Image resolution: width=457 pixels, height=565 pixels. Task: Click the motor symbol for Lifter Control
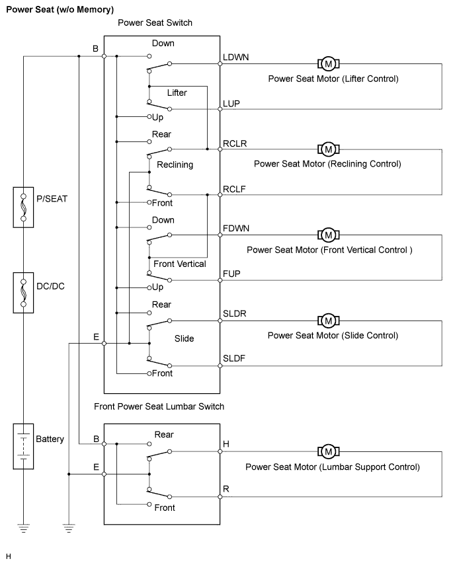pyautogui.click(x=328, y=64)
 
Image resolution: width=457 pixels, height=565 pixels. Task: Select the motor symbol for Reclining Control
pyautogui.click(x=328, y=149)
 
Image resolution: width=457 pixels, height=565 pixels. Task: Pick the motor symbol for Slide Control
pyautogui.click(x=328, y=321)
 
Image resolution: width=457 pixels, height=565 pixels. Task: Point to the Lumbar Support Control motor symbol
pyautogui.click(x=328, y=452)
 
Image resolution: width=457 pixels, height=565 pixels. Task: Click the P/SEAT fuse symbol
pyautogui.click(x=23, y=206)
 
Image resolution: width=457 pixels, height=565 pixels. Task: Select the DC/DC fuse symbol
pyautogui.click(x=23, y=292)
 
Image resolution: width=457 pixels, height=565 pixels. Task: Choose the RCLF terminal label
pyautogui.click(x=235, y=188)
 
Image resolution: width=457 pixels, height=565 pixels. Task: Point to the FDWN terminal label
pyautogui.click(x=236, y=229)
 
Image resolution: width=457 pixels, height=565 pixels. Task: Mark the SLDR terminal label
pyautogui.click(x=235, y=315)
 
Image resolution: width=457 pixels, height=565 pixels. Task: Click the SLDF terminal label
pyautogui.click(x=235, y=359)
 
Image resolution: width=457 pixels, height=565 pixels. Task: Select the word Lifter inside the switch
pyautogui.click(x=177, y=93)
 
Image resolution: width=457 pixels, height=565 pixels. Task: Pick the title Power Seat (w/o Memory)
pyautogui.click(x=60, y=9)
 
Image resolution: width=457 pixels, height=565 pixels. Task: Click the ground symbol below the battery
pyautogui.click(x=23, y=527)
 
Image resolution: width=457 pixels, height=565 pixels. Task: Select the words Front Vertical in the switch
pyautogui.click(x=179, y=264)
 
